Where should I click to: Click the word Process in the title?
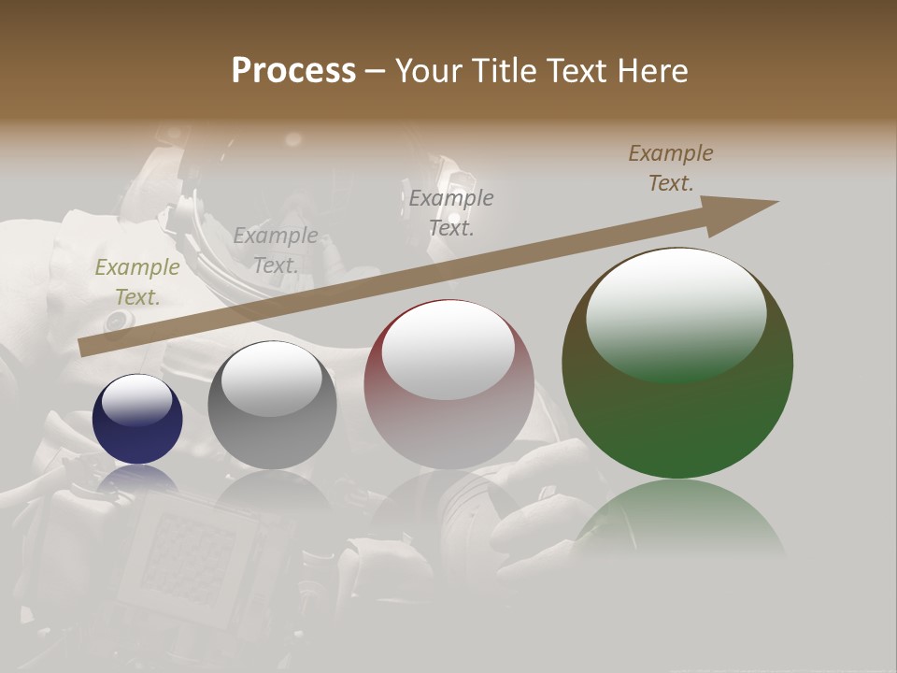point(293,71)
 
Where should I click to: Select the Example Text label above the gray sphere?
point(275,251)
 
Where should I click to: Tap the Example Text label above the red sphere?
point(451,212)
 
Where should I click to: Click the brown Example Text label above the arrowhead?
point(671,168)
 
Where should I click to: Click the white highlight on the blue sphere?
point(137,400)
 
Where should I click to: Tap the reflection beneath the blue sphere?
point(137,479)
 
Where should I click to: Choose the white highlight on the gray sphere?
point(272,376)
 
